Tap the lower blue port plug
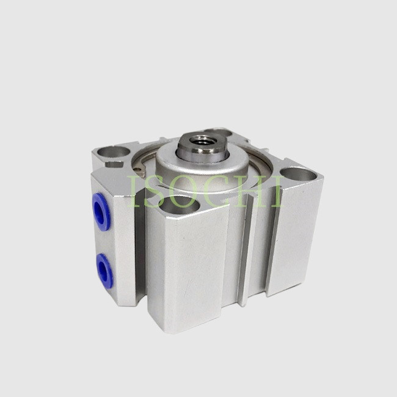pyautogui.click(x=104, y=271)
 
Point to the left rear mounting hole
pyautogui.click(x=113, y=152)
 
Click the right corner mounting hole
pyautogui.click(x=298, y=175)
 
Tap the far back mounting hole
pyautogui.click(x=219, y=132)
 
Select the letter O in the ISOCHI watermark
pyautogui.click(x=184, y=191)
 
